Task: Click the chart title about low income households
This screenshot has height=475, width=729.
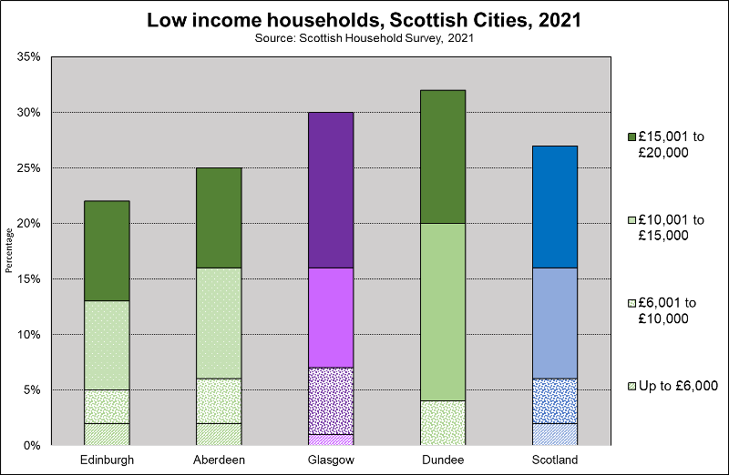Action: (364, 20)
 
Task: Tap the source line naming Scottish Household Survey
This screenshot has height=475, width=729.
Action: (364, 39)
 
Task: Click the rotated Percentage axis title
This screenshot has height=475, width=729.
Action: (9, 251)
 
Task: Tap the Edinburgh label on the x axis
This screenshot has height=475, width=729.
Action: (107, 460)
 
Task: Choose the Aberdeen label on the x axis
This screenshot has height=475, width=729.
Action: (219, 460)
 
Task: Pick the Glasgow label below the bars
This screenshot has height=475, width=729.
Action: (331, 460)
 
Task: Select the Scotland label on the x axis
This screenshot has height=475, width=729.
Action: (554, 460)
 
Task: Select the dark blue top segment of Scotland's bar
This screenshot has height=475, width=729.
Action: (554, 207)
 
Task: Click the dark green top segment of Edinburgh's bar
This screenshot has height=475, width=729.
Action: (107, 251)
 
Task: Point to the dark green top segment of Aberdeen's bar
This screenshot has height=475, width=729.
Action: (219, 217)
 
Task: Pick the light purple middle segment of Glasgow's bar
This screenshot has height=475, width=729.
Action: (331, 318)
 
